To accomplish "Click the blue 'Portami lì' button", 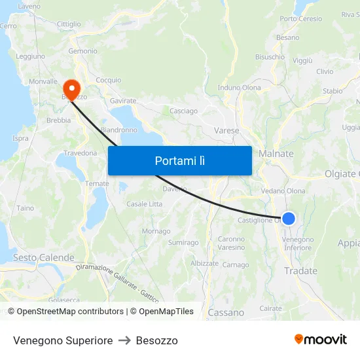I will (x=179, y=160).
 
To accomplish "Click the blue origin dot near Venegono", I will (x=288, y=219).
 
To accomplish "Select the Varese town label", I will (x=226, y=131).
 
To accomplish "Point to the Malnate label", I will (x=276, y=153).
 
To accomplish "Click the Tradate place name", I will (x=300, y=271).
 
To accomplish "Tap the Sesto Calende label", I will (x=44, y=258).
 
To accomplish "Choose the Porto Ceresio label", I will (x=301, y=19).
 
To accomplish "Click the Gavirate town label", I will (x=123, y=101).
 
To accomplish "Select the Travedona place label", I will (x=80, y=153).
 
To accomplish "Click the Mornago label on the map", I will (x=156, y=231).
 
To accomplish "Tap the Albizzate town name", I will (x=204, y=263).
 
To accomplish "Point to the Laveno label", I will (x=29, y=6).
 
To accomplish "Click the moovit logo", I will (x=321, y=339).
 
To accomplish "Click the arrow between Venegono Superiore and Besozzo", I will (x=124, y=340).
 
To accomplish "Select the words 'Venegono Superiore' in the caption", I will (x=63, y=340).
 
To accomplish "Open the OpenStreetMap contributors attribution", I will (x=70, y=312).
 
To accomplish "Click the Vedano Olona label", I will (x=283, y=191).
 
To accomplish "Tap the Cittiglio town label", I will (x=69, y=24).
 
